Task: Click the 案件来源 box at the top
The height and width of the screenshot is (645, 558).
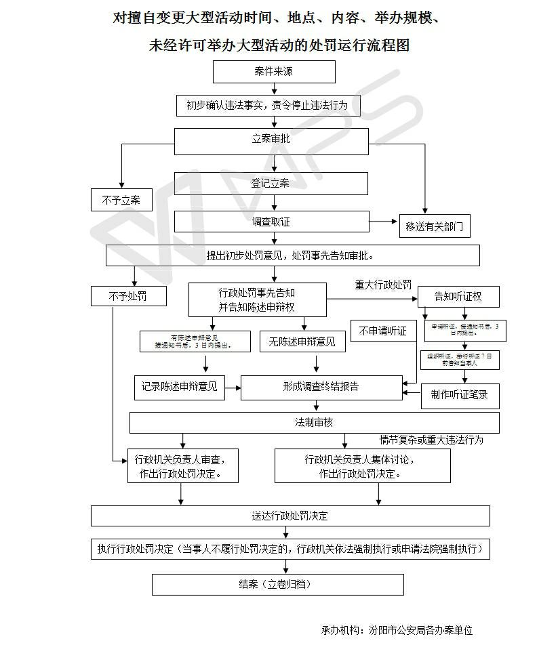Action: (274, 72)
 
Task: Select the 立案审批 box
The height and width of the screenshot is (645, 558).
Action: (271, 140)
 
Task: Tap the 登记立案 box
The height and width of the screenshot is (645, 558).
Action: (271, 183)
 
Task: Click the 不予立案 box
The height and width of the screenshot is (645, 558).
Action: (121, 200)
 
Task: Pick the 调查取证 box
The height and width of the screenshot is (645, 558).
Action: (271, 222)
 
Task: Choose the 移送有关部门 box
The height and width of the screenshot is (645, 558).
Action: (434, 227)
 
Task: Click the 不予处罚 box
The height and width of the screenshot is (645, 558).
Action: (127, 296)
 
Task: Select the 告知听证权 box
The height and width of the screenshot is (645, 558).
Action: (458, 296)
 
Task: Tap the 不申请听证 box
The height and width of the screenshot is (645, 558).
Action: (383, 331)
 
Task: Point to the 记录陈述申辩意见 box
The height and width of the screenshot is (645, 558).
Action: (180, 387)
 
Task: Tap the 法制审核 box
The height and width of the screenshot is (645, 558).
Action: (315, 422)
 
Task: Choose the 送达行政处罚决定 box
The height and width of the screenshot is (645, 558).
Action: (290, 516)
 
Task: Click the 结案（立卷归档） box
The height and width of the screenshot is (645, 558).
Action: (277, 584)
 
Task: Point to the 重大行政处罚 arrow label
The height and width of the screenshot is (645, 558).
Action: (383, 285)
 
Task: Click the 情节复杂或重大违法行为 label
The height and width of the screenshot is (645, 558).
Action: (431, 440)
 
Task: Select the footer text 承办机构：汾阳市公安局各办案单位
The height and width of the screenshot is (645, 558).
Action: (397, 630)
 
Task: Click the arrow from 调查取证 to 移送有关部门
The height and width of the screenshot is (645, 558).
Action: (384, 222)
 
